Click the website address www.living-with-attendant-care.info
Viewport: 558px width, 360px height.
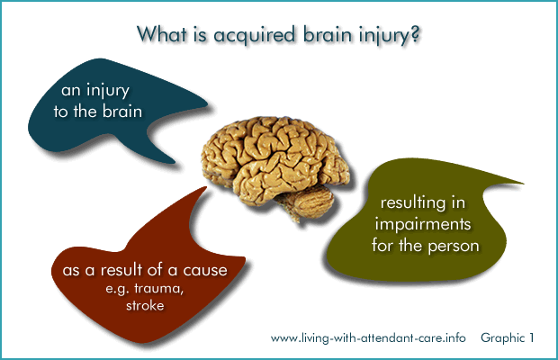tap(368, 338)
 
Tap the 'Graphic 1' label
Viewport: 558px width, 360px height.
tap(507, 338)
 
